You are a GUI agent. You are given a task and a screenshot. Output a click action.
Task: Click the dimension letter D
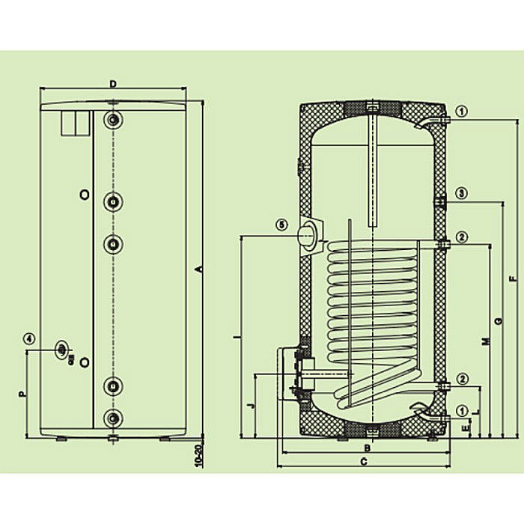coord(112,84)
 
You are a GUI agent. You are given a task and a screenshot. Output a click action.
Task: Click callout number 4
coord(28,338)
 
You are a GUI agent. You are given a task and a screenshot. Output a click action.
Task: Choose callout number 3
coord(462,193)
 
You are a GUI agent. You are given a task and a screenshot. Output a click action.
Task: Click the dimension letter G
coord(498,321)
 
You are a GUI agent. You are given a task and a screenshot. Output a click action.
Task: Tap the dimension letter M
coord(485,341)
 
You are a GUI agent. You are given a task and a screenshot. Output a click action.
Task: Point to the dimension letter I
coord(237,338)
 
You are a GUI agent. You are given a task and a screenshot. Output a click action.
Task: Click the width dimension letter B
coord(367,448)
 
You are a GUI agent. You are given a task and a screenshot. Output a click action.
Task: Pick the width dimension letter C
coord(364,463)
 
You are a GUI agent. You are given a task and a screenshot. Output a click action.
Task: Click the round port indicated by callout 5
coord(308,234)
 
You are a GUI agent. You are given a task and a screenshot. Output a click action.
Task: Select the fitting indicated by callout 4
coord(62,348)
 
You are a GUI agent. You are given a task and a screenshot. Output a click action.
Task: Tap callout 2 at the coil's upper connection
coord(462,237)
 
